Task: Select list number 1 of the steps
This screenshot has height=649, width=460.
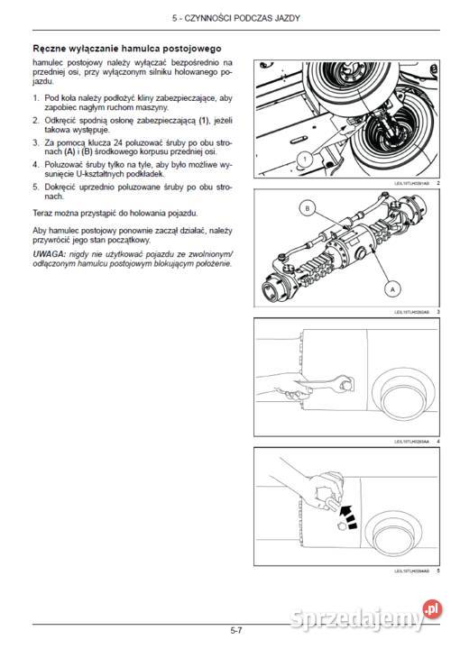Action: pos(35,97)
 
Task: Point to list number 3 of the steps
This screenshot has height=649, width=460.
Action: pos(35,142)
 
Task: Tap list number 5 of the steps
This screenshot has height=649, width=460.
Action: pos(35,187)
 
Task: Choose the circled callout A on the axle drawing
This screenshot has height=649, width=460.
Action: pos(391,288)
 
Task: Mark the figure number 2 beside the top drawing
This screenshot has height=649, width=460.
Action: pos(437,183)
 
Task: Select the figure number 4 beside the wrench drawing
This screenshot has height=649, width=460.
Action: pos(437,442)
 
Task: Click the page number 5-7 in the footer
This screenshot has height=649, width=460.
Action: pos(236,630)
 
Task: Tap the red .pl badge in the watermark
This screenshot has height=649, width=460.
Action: pos(433,610)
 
